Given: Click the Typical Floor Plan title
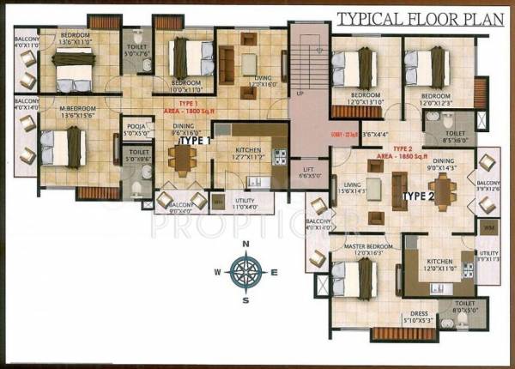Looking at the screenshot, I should pos(412,18).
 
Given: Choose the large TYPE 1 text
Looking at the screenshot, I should pos(196,140).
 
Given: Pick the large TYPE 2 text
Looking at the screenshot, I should pos(420,197).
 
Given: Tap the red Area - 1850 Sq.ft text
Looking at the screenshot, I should pos(402,160).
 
